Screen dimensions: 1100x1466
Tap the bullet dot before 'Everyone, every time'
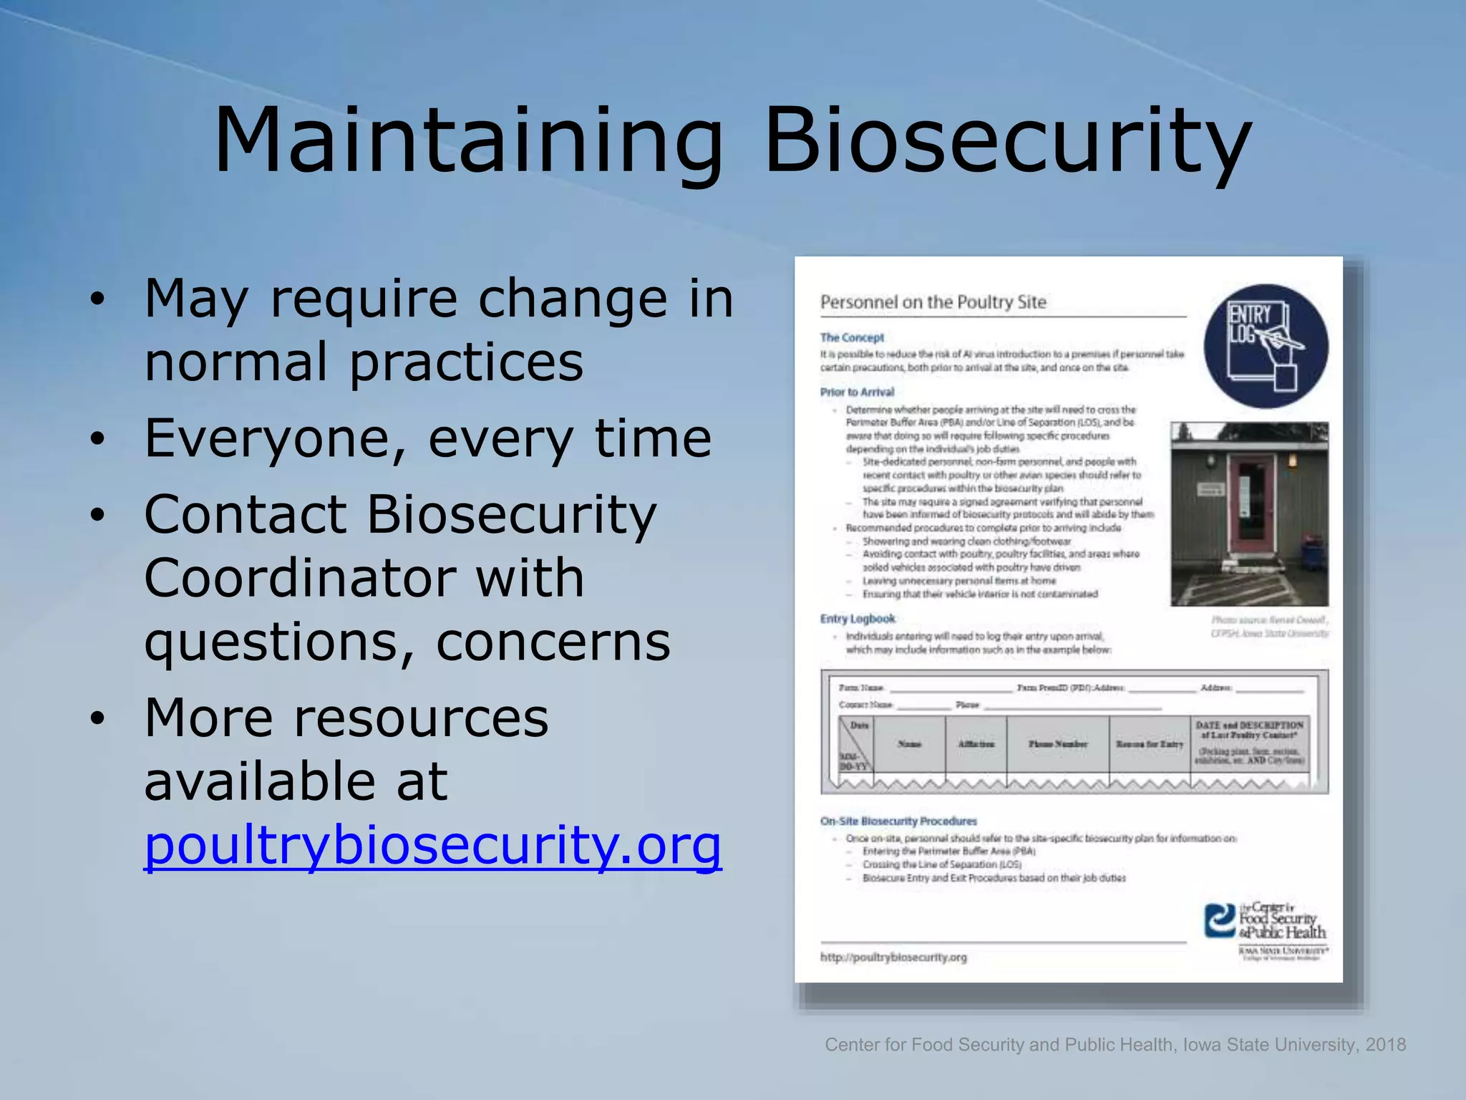pos(98,438)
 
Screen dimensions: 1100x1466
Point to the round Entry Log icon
pos(1266,347)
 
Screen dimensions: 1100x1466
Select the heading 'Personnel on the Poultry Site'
pos(933,302)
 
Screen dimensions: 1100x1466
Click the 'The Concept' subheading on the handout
pos(852,337)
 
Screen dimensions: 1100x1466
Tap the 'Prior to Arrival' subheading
pos(857,392)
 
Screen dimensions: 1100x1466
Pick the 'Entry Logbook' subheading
pos(858,619)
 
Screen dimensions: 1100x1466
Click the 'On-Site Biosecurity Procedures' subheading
pos(898,821)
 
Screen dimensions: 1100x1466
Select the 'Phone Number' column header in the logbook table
pos(1057,744)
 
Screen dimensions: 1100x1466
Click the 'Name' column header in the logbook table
pos(909,744)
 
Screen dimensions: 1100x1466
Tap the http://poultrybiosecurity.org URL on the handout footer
pos(893,957)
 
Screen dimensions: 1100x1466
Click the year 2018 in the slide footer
pos(1385,1045)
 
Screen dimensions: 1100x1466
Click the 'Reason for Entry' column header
pos(1149,744)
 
